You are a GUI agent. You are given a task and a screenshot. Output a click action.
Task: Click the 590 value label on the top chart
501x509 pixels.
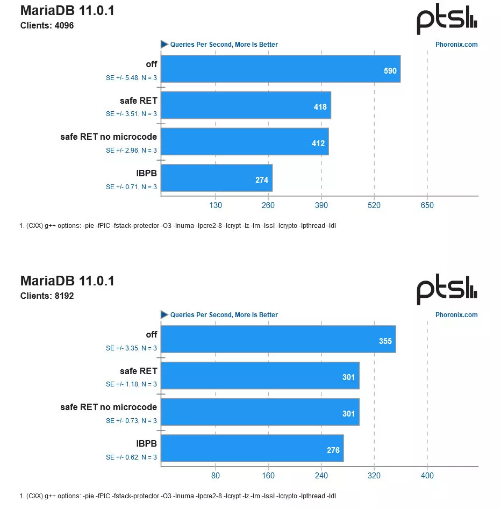pyautogui.click(x=390, y=71)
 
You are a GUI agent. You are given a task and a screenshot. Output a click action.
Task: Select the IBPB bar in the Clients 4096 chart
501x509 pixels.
pyautogui.click(x=217, y=178)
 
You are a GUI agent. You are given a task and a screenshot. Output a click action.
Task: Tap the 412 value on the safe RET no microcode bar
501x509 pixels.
pyautogui.click(x=318, y=144)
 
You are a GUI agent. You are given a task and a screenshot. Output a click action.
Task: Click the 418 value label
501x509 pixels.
pyautogui.click(x=320, y=107)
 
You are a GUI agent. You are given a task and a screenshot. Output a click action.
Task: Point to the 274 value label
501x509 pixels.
pyautogui.click(x=262, y=180)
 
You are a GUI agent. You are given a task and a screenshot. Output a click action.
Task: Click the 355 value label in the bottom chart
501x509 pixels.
pyautogui.click(x=385, y=341)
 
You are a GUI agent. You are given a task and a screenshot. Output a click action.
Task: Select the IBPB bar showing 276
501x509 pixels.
pyautogui.click(x=252, y=448)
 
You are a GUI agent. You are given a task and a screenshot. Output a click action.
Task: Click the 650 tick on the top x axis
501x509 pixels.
pyautogui.click(x=427, y=205)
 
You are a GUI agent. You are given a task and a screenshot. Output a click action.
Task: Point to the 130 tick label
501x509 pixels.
pyautogui.click(x=215, y=205)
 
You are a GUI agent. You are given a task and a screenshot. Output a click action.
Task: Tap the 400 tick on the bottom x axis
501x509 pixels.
pyautogui.click(x=427, y=476)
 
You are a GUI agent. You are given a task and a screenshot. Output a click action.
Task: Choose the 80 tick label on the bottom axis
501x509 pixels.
pyautogui.click(x=215, y=476)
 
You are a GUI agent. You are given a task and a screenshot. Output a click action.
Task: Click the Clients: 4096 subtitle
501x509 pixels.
pyautogui.click(x=47, y=25)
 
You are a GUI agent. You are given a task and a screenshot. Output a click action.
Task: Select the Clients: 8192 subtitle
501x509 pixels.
pyautogui.click(x=47, y=296)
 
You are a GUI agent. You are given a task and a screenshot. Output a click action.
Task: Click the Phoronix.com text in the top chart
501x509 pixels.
pyautogui.click(x=456, y=45)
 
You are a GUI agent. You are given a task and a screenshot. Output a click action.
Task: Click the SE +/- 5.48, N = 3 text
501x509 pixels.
pyautogui.click(x=131, y=78)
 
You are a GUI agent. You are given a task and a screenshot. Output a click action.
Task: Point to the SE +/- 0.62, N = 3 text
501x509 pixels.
pyautogui.click(x=131, y=457)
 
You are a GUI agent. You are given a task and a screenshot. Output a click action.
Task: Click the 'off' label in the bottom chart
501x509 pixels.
pyautogui.click(x=152, y=335)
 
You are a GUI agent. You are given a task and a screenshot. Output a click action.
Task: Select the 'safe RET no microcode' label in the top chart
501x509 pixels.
pyautogui.click(x=109, y=137)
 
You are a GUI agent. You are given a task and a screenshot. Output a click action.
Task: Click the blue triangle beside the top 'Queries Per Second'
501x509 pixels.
pyautogui.click(x=164, y=44)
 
